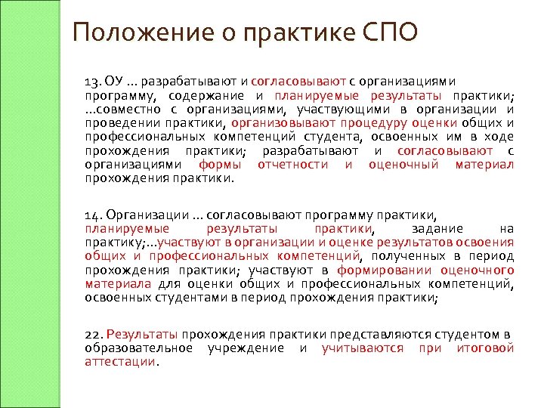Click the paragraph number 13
tap(92, 81)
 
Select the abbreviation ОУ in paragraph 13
tap(113, 81)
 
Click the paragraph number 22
tap(93, 334)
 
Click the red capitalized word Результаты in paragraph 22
tap(142, 334)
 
